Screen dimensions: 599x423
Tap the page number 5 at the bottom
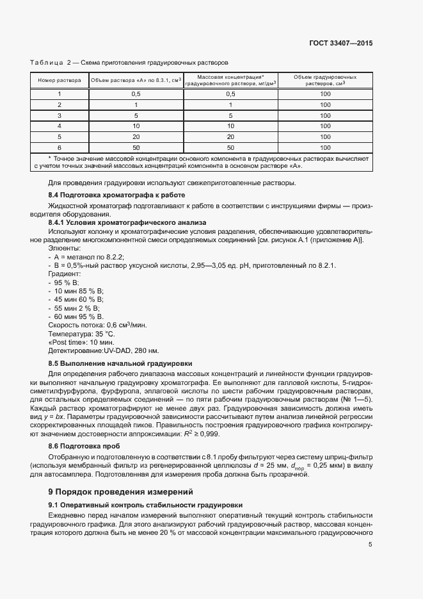(371, 545)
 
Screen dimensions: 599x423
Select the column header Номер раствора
(60, 81)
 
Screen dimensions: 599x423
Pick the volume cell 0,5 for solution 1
(136, 94)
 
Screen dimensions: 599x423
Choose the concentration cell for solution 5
(231, 136)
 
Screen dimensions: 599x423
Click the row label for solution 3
(60, 115)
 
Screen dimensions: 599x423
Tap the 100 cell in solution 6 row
(325, 147)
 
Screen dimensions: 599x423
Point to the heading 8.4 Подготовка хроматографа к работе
(116, 194)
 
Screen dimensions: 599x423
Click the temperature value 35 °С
(105, 334)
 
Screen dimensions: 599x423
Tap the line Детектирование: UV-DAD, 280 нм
(104, 351)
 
